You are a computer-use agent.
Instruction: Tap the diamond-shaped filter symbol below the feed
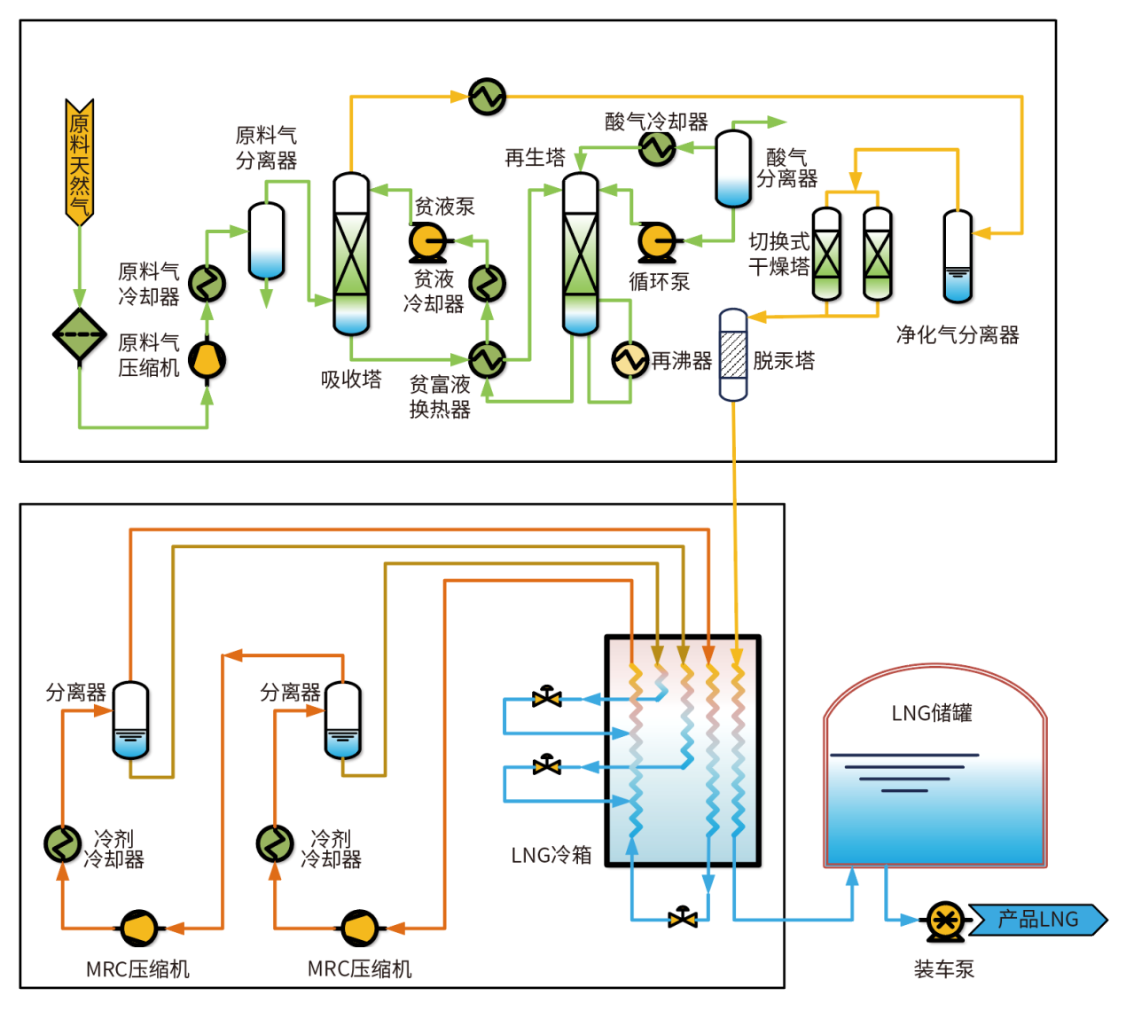coord(80,334)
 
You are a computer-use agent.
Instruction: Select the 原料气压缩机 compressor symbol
coord(207,360)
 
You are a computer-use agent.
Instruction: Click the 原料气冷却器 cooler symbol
coord(207,284)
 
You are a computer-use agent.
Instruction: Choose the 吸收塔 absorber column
coord(351,254)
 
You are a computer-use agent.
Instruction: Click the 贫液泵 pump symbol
coord(428,240)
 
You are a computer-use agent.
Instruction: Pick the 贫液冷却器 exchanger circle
coord(487,284)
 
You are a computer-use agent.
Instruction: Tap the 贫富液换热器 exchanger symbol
coord(487,359)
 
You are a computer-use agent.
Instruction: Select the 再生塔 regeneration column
coord(581,254)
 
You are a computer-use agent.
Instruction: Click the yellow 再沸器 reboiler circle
coord(630,360)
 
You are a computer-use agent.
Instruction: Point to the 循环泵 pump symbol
coord(657,240)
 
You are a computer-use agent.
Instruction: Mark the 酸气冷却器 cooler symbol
coord(657,147)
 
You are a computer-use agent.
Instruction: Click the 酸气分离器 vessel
coord(733,169)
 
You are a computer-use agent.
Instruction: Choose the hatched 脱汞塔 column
coord(733,355)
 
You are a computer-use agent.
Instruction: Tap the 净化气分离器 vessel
coord(958,257)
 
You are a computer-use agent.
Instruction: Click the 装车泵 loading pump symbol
coord(945,921)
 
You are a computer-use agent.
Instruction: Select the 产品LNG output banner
coord(1038,920)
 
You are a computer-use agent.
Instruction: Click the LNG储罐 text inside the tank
coord(932,713)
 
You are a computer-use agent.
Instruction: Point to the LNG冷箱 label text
coord(551,855)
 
